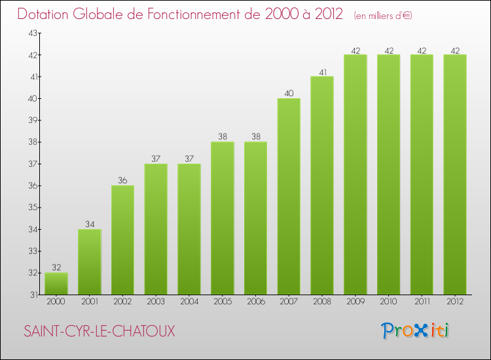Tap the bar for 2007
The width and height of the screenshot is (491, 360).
(289, 196)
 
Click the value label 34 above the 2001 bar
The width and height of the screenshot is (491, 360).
(89, 224)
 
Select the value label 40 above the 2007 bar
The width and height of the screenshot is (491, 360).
(289, 93)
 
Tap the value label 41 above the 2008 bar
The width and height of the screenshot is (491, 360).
(322, 71)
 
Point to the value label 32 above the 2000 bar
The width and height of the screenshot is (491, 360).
(56, 267)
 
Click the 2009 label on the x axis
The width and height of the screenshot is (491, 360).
(355, 302)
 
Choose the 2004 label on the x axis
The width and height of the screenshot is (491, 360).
(189, 302)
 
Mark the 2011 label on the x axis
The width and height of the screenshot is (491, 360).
(422, 302)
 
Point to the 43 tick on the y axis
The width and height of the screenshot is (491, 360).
(33, 33)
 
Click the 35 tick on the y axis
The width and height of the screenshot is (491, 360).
(33, 207)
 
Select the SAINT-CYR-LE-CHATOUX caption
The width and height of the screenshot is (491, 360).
(100, 331)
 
